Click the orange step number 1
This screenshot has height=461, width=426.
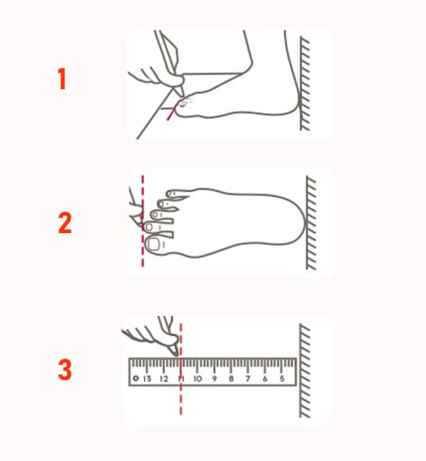tap(62, 78)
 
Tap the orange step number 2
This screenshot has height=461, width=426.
tap(65, 222)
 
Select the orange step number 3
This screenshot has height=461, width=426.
tap(65, 369)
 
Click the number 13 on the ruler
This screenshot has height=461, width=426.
tap(147, 378)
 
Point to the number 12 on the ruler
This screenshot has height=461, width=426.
tap(164, 378)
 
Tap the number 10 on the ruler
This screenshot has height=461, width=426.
tap(197, 378)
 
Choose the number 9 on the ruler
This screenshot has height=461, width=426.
tap(214, 378)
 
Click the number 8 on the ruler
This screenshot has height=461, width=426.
tap(231, 378)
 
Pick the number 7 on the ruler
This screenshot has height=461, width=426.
tap(248, 378)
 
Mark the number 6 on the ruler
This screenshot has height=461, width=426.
tap(265, 378)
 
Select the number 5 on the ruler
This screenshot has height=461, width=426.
tap(282, 378)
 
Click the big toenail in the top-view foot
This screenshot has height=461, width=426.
tap(153, 244)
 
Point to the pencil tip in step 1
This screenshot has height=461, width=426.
tap(180, 95)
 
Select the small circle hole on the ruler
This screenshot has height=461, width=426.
tap(136, 378)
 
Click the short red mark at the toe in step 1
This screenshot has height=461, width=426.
tap(173, 110)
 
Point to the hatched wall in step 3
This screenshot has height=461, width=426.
tap(304, 371)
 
